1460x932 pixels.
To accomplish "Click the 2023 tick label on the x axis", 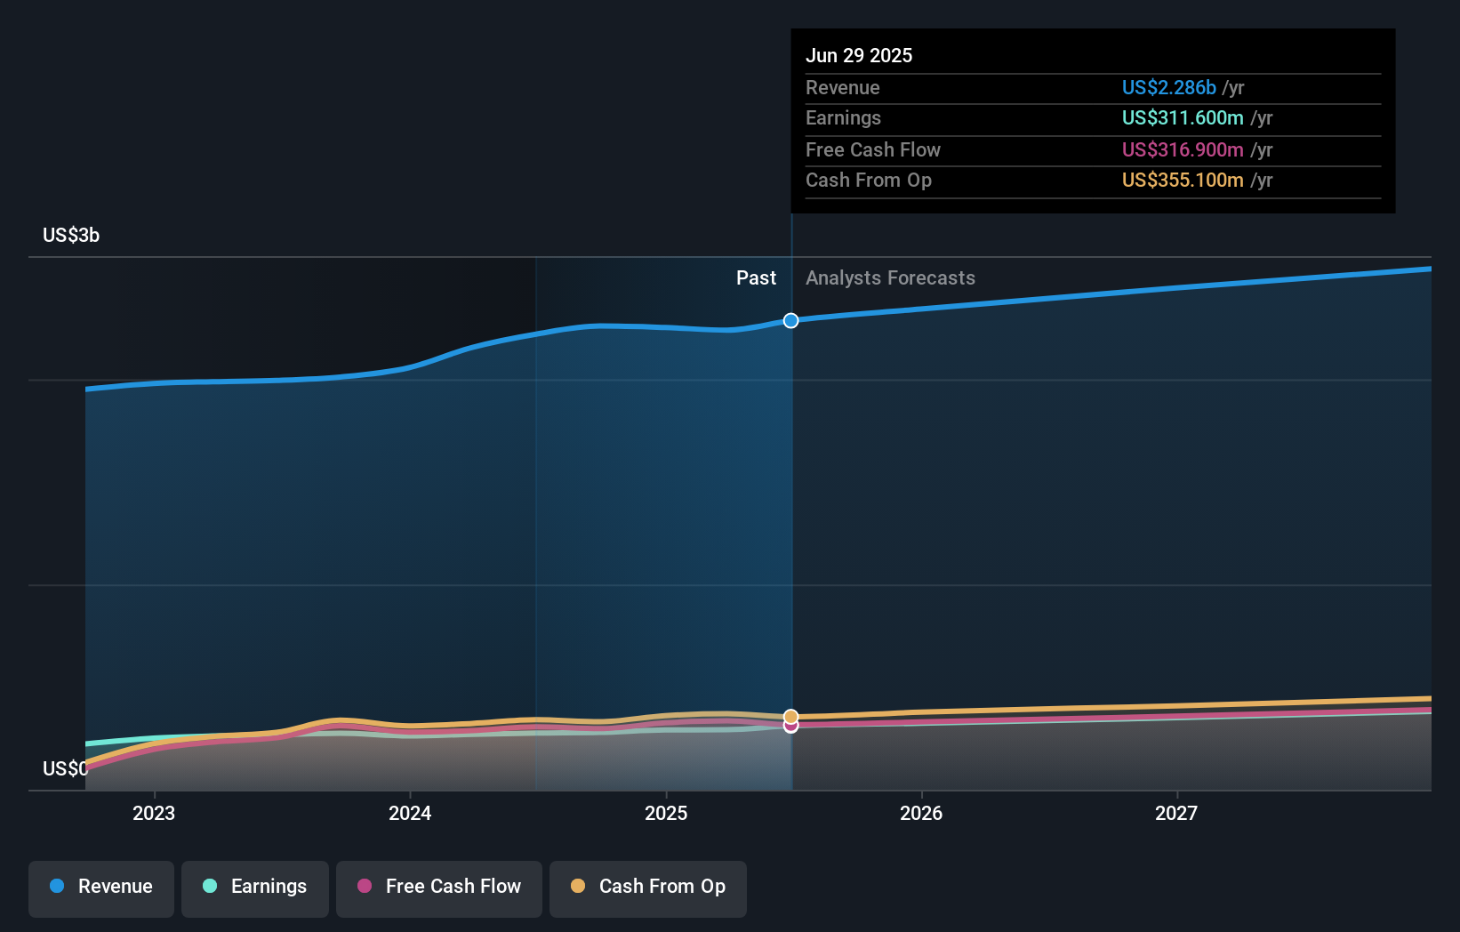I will (x=154, y=813).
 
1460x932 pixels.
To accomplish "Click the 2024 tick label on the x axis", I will (x=410, y=813).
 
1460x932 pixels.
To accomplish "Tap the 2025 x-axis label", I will (x=666, y=813).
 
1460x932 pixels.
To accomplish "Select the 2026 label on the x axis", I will (x=921, y=813).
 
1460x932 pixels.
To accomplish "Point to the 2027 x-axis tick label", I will (x=1176, y=813).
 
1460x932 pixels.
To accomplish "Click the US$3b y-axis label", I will (x=71, y=236).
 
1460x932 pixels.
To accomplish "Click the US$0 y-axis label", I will (x=65, y=768).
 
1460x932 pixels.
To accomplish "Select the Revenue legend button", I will (x=101, y=887).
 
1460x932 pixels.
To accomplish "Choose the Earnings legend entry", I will (x=255, y=887).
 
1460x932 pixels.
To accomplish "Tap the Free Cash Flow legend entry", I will (x=439, y=887).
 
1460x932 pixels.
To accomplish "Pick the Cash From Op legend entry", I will (x=648, y=887).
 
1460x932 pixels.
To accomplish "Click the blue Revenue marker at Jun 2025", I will (x=790, y=320).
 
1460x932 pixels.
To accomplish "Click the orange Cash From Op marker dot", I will (x=790, y=716).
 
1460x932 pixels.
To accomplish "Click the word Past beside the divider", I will (x=756, y=278).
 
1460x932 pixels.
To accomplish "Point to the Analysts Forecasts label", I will (x=890, y=278).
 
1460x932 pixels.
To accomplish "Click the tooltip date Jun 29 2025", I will (x=859, y=55).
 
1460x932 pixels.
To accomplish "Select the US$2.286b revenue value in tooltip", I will (x=1168, y=87).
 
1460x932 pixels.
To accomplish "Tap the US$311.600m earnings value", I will (x=1183, y=118).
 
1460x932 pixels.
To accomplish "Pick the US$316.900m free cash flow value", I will (x=1183, y=149).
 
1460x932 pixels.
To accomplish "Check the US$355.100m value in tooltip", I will (x=1183, y=181).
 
